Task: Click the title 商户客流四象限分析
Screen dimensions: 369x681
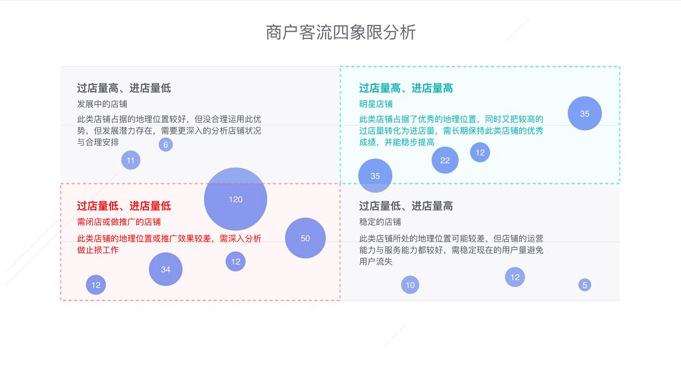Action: coord(341,32)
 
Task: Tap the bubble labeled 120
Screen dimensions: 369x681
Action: coord(235,199)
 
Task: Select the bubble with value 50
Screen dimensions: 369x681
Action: coord(305,238)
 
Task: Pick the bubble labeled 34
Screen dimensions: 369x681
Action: coord(166,269)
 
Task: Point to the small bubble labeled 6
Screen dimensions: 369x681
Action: coord(165,145)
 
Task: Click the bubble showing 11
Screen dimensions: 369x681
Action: coord(131,160)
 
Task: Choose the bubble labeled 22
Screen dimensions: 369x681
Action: coord(445,160)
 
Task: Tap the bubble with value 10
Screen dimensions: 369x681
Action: coord(410,285)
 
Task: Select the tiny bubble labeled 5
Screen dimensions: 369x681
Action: coord(585,285)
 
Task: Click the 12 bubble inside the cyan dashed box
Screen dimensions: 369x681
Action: coord(480,152)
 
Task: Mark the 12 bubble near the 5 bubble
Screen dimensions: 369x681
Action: coord(515,277)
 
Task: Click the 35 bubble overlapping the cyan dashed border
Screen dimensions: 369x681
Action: coord(375,176)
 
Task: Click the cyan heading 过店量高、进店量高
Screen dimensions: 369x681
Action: coord(406,88)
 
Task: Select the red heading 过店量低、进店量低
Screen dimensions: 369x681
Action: coord(124,206)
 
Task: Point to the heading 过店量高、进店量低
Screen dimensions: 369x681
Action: coord(124,88)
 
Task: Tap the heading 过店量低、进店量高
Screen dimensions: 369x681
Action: coord(406,206)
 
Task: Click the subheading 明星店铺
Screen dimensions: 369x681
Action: coord(376,104)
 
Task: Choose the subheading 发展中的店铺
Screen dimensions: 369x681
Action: coord(102,104)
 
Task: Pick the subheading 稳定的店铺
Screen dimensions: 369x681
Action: coord(380,222)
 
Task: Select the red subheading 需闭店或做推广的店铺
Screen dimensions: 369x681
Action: coord(119,222)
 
